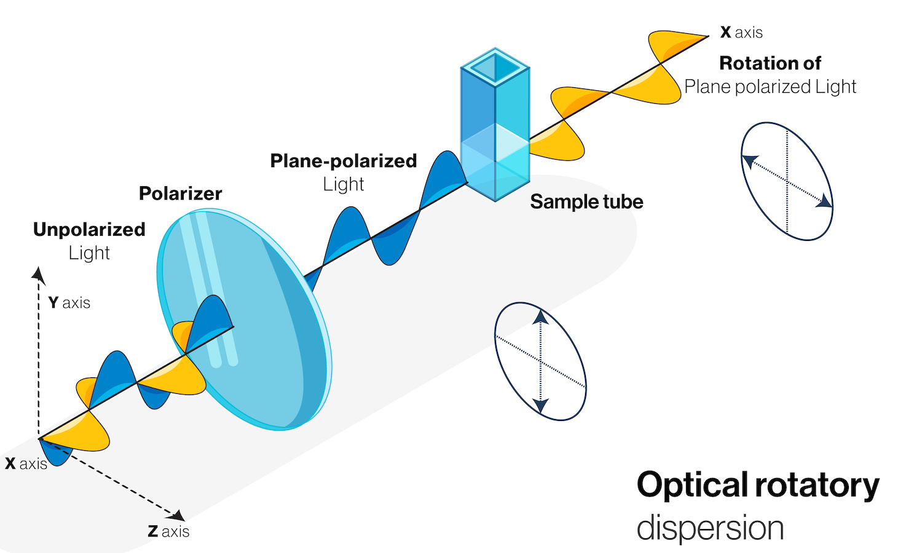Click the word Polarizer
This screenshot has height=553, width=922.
pos(180,194)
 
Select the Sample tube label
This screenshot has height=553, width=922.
pos(586,202)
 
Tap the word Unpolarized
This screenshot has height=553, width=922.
pos(89,229)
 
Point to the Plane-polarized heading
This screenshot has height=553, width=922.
pos(344,161)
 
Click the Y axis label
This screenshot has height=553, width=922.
pos(69,303)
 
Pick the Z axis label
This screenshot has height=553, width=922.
pos(168,531)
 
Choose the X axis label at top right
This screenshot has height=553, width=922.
pos(741,33)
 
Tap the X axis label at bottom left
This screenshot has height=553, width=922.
pos(26,464)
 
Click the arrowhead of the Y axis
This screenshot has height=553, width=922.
pos(38,274)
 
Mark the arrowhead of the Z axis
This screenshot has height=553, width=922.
pos(178,515)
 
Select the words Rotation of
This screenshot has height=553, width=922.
pos(770,63)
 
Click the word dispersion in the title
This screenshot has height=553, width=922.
pos(710,528)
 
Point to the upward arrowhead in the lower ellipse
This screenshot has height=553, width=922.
pos(540,316)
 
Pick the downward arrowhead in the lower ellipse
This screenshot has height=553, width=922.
pos(540,406)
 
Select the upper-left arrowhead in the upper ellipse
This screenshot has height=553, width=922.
pos(749,162)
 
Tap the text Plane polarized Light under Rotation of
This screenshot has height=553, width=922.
pos(770,87)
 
